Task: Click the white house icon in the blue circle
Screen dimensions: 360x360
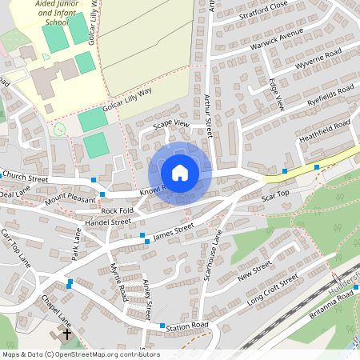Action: pyautogui.click(x=180, y=172)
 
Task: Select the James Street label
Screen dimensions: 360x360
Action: pyautogui.click(x=174, y=230)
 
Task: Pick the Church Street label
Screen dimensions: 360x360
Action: pyautogui.click(x=25, y=174)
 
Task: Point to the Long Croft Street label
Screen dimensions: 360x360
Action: pyautogui.click(x=272, y=290)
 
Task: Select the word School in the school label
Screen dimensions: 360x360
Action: pyautogui.click(x=58, y=22)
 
